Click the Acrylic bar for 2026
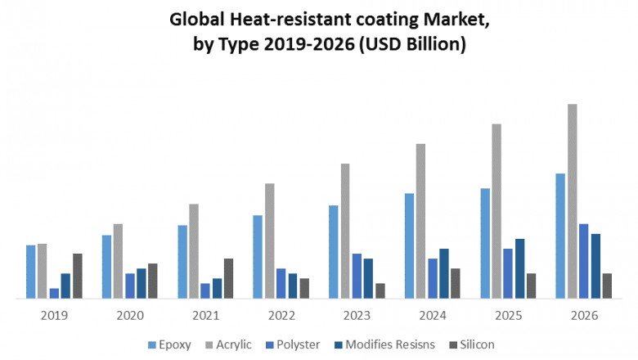pyautogui.click(x=573, y=201)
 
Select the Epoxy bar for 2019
pyautogui.click(x=31, y=272)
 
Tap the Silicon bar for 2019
pyautogui.click(x=78, y=276)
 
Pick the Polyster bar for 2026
pyautogui.click(x=584, y=261)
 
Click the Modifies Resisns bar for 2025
pyautogui.click(x=520, y=268)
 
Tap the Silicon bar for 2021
pyautogui.click(x=229, y=278)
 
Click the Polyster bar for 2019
pyautogui.click(x=54, y=293)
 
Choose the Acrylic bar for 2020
pyautogui.click(x=118, y=261)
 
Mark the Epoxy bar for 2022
pyautogui.click(x=258, y=257)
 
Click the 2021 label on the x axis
pyautogui.click(x=205, y=315)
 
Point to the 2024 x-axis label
pyautogui.click(x=433, y=315)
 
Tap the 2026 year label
pyautogui.click(x=584, y=315)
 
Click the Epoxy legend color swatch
pyautogui.click(x=151, y=345)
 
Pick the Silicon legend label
pyautogui.click(x=477, y=344)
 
